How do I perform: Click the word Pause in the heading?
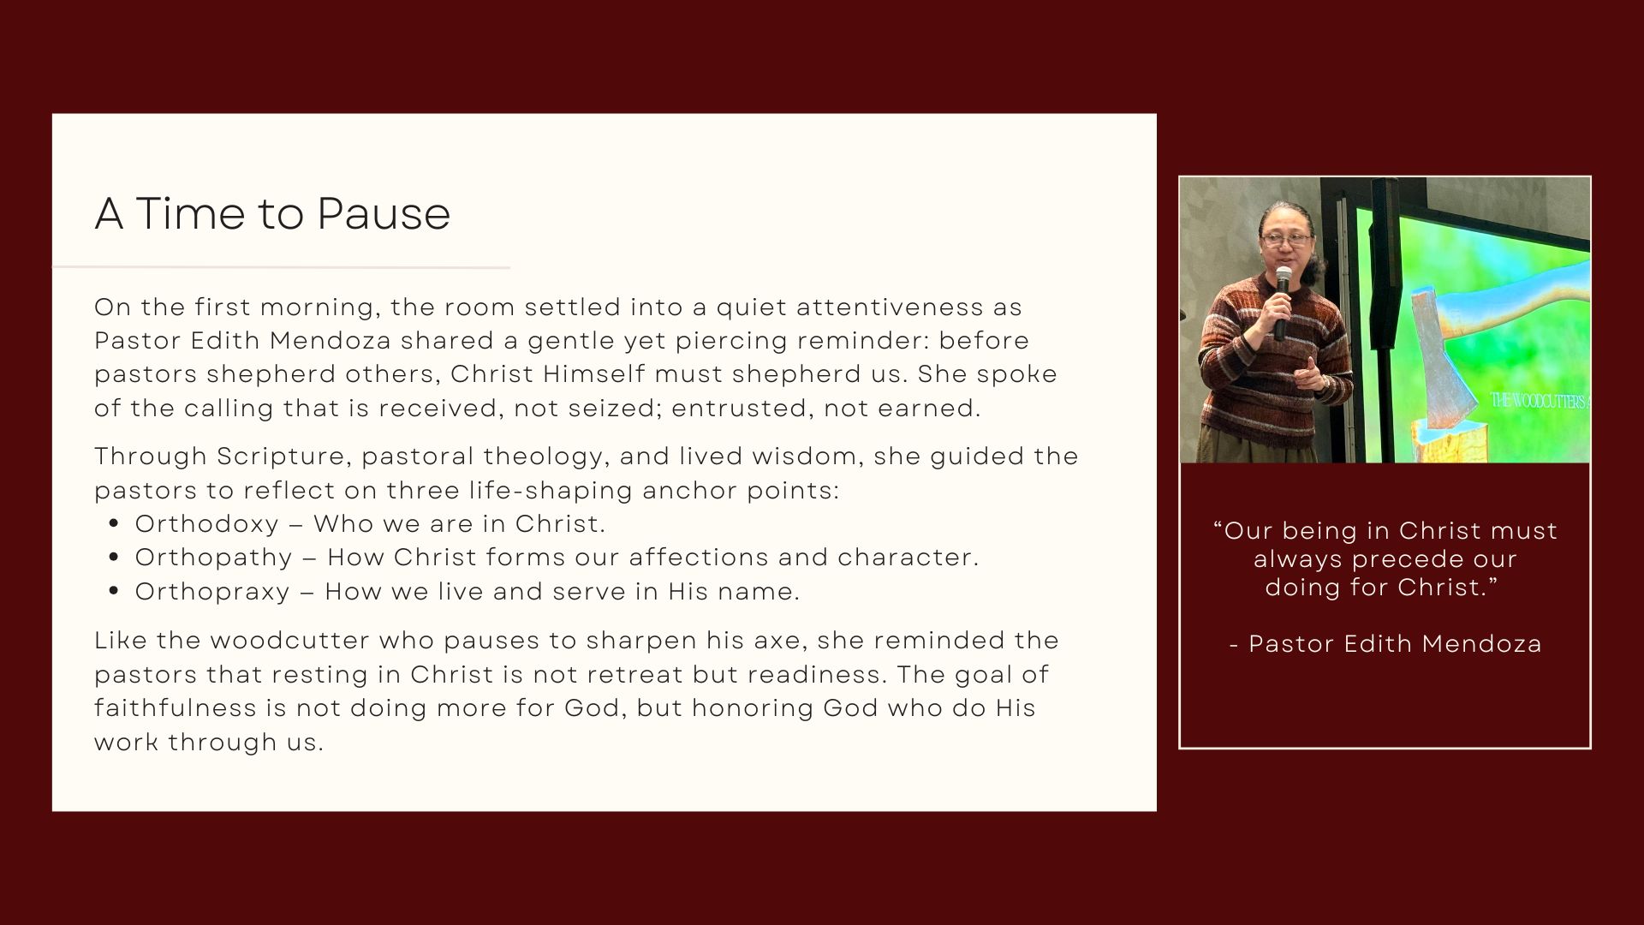[383, 213]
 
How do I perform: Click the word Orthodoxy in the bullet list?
[207, 523]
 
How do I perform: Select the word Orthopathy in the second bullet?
[214, 558]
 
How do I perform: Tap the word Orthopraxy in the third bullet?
[212, 592]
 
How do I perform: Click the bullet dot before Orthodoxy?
[115, 524]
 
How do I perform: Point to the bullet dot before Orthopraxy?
[115, 592]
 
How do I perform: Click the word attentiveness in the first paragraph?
[877, 307]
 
